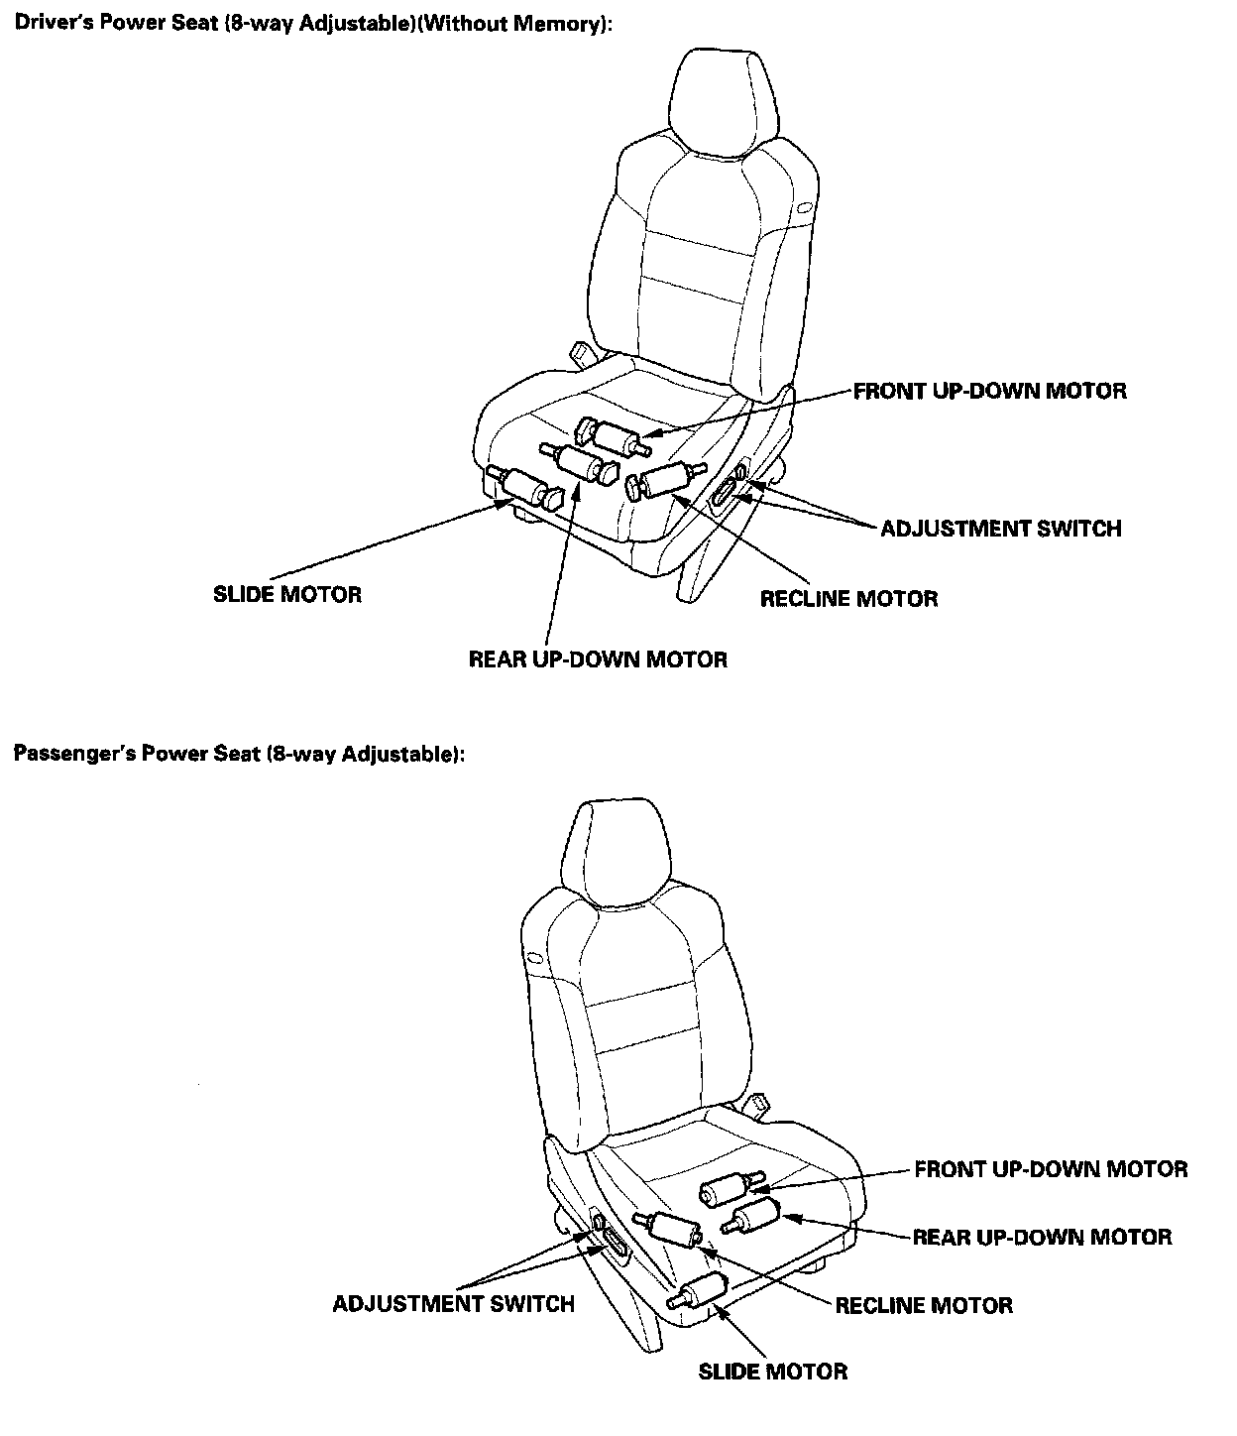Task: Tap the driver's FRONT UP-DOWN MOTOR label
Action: [x=989, y=391]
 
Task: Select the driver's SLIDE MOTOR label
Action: [x=287, y=595]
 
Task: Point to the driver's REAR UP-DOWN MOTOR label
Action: [x=598, y=659]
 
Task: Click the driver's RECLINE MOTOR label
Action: [x=848, y=599]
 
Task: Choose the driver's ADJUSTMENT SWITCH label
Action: [x=1001, y=529]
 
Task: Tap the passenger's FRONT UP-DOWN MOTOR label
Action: [x=1051, y=1170]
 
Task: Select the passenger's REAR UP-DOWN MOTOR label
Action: [x=1042, y=1238]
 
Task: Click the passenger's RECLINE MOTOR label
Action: [x=924, y=1305]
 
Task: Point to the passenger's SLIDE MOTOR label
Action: [x=773, y=1373]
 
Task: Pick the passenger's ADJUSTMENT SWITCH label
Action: [x=454, y=1304]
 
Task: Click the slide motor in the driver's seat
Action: [x=525, y=487]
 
